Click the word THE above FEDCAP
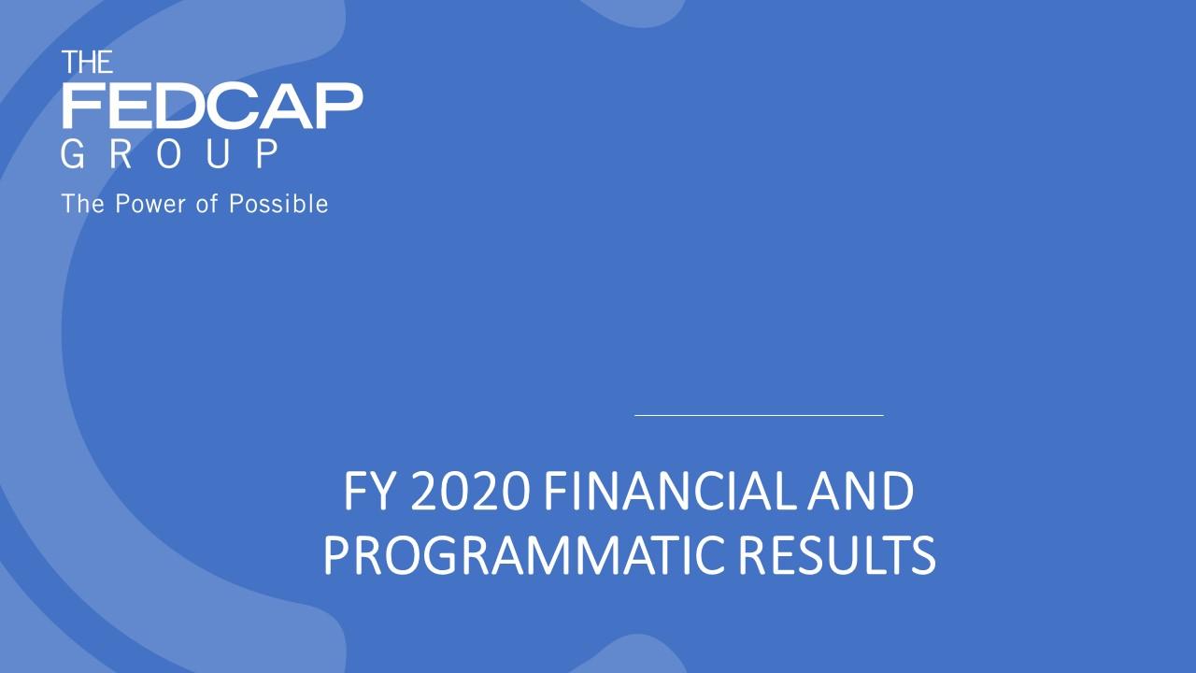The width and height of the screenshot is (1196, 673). point(87,62)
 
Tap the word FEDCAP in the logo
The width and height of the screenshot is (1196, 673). point(212,106)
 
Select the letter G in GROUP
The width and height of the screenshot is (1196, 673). point(73,154)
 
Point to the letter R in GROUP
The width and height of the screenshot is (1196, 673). point(121,154)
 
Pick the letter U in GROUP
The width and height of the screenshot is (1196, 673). point(218,154)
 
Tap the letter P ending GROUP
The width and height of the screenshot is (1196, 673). point(267,154)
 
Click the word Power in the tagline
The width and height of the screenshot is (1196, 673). point(150,204)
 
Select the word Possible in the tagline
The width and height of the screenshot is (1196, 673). point(278,204)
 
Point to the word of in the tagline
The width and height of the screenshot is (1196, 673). point(207,204)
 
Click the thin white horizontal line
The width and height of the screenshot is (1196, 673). point(759,414)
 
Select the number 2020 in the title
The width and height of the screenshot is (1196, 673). point(470,492)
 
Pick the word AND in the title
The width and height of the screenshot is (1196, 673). point(861,492)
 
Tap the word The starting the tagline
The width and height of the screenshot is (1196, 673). point(83,204)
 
